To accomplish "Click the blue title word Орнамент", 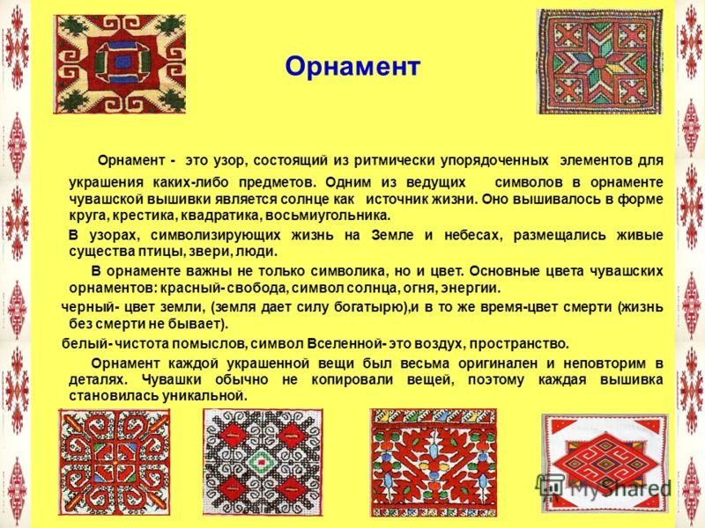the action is pos(352,67).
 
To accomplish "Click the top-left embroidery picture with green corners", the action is pos(120,63).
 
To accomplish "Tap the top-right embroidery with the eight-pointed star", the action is pos(600,62).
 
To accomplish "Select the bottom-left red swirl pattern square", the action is pos(115,462).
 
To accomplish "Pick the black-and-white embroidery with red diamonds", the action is pos(263,462).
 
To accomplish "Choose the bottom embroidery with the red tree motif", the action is pos(434,463).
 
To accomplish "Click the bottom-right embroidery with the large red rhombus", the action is pos(605,464).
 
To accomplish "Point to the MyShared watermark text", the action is pos(620,488).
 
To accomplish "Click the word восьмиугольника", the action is pos(328,216).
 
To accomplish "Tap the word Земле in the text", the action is pos(392,235).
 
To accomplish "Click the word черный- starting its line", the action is pos(90,307).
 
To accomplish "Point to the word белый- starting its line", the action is pos(86,344).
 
